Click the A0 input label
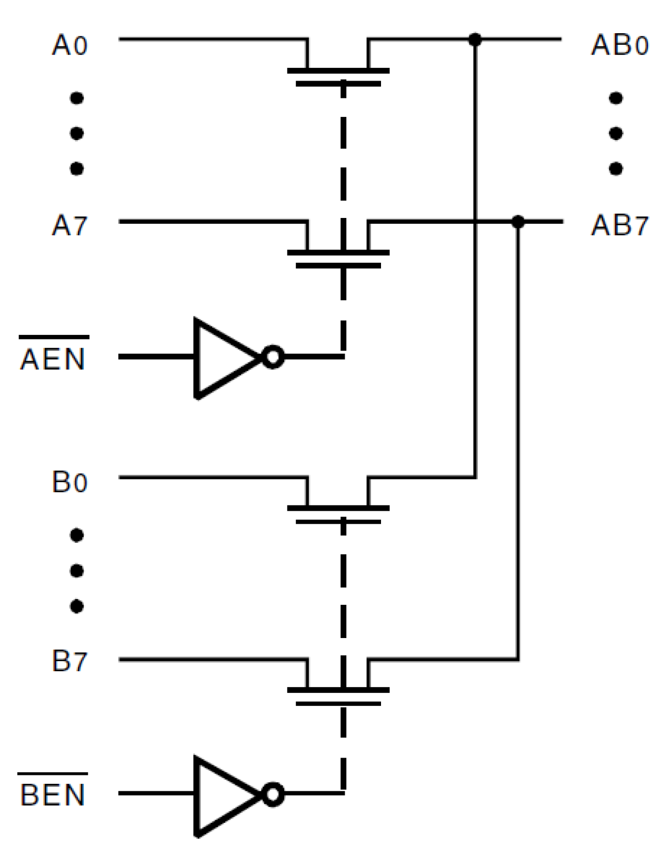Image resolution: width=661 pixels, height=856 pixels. point(69,45)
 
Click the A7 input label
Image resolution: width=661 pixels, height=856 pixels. point(69,226)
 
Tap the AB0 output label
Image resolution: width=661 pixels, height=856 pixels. point(619,45)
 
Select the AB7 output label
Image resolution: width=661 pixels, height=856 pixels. point(619,226)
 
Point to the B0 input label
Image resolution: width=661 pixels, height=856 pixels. point(69,482)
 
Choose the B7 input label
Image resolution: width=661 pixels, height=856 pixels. point(69,661)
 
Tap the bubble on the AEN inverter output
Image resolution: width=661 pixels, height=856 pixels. point(273,357)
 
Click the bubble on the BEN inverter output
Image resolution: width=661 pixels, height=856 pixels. point(273,794)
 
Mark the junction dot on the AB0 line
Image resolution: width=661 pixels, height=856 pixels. point(475,39)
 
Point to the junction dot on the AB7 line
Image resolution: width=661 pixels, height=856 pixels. point(518,222)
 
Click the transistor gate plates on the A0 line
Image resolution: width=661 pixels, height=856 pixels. point(338,77)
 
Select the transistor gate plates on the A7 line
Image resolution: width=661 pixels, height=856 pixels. point(338,259)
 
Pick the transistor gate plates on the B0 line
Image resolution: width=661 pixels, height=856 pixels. point(338,515)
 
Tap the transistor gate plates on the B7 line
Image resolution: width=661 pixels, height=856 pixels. point(338,696)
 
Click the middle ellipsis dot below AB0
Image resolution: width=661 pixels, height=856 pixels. point(616,133)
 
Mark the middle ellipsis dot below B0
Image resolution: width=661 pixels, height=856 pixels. point(77,571)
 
